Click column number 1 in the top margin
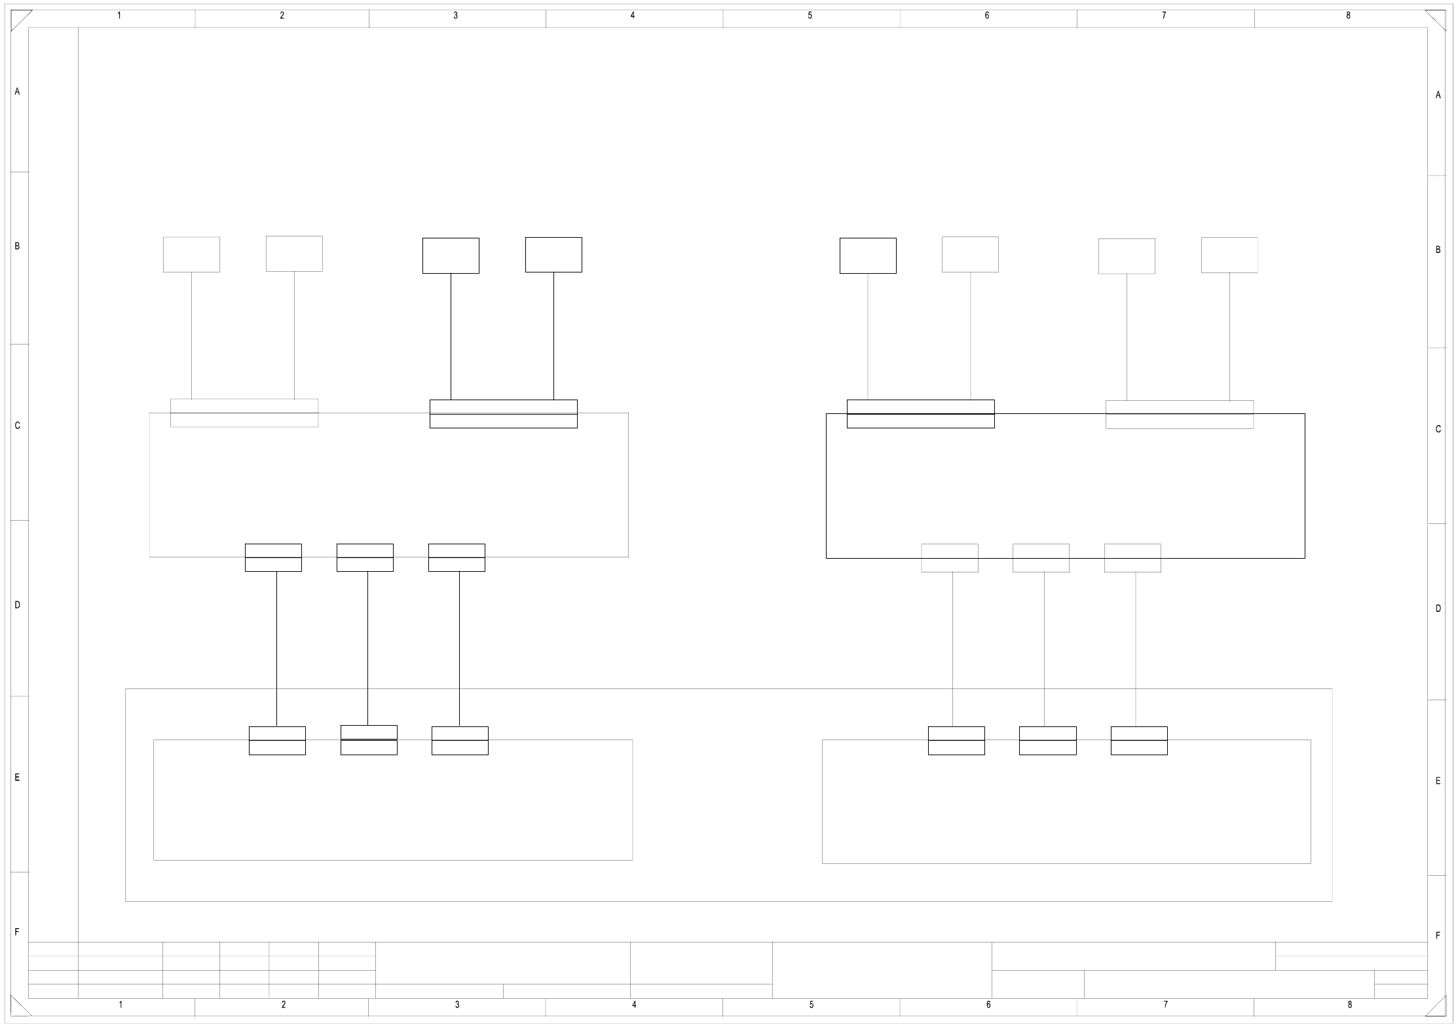tap(119, 16)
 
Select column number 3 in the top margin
tap(456, 16)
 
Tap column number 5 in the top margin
tap(810, 16)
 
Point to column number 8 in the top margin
tap(1348, 16)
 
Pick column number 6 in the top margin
tap(987, 16)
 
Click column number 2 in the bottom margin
tap(284, 1005)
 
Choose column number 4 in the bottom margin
tap(634, 1005)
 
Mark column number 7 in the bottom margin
tap(1165, 1005)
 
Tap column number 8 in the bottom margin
tap(1349, 1005)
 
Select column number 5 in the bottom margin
tap(811, 1005)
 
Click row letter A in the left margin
tap(18, 92)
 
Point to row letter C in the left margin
tap(18, 426)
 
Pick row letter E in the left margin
tap(18, 777)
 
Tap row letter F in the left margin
tap(18, 932)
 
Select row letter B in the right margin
tap(1438, 250)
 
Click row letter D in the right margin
tap(1438, 608)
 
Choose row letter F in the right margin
tap(1438, 935)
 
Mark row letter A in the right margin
tap(1438, 95)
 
